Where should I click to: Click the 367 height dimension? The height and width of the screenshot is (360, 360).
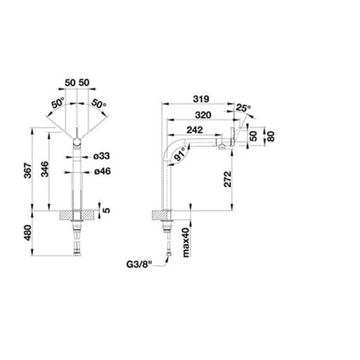(x=27, y=170)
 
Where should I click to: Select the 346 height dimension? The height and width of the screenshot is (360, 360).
(x=45, y=169)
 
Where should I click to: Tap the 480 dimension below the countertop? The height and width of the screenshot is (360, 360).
(x=27, y=233)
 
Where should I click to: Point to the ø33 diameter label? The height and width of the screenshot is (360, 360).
(x=102, y=156)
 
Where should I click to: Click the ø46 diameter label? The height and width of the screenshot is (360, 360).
(x=102, y=171)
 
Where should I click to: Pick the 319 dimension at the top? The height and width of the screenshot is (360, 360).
(x=201, y=99)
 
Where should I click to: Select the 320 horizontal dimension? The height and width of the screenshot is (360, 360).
(x=203, y=115)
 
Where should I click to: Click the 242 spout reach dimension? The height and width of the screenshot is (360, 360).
(x=195, y=130)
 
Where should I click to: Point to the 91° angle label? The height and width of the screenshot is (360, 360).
(x=180, y=154)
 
